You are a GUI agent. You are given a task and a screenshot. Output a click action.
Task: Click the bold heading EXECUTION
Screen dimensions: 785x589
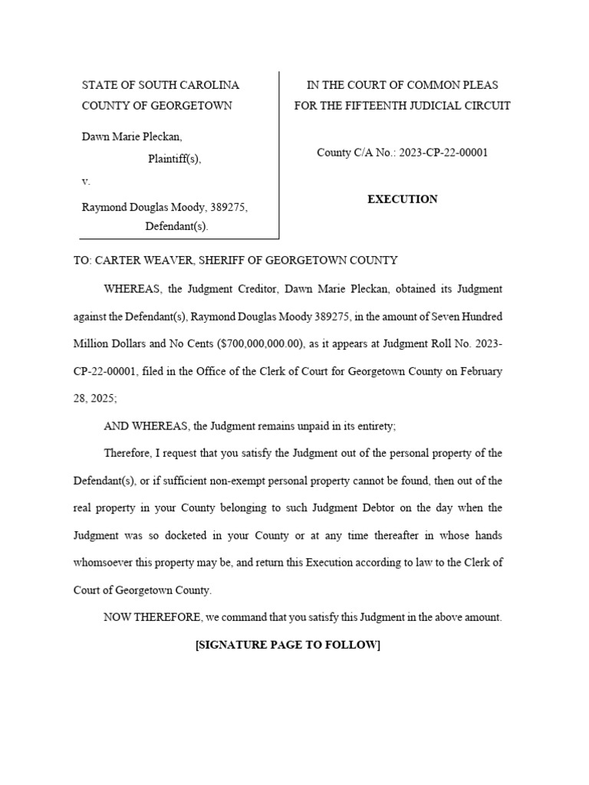coord(402,199)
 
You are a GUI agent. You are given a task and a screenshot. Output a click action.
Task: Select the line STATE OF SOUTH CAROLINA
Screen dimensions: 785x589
coord(160,85)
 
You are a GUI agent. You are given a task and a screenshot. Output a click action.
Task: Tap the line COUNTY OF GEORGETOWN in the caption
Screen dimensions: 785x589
coord(156,106)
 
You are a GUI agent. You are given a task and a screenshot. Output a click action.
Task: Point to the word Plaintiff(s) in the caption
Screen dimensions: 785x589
coord(174,159)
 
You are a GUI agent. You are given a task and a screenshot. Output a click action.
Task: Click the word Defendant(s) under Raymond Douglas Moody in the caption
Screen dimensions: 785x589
coord(176,226)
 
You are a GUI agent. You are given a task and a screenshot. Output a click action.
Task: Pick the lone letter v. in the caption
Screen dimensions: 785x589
coord(86,182)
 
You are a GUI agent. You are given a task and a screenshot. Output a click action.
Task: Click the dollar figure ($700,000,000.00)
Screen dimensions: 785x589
coord(260,344)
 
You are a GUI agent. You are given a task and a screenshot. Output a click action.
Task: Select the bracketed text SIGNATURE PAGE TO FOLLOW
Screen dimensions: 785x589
coord(288,645)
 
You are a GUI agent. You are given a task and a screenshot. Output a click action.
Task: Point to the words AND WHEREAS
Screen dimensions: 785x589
coord(146,425)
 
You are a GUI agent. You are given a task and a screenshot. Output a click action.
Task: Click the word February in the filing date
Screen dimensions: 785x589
coord(479,371)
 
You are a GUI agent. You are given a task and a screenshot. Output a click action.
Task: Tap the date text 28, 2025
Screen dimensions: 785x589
coord(95,399)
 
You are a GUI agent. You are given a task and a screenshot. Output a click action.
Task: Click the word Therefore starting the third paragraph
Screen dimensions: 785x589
coord(127,453)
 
